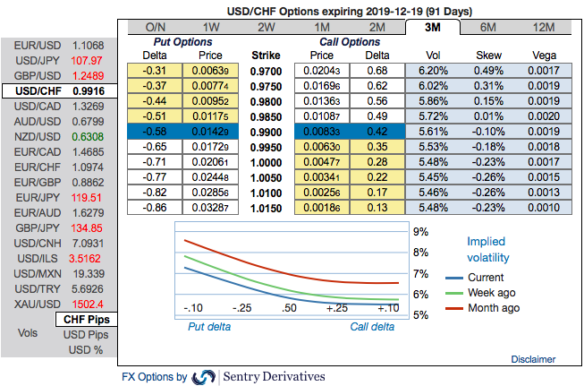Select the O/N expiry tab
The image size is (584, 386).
(x=155, y=27)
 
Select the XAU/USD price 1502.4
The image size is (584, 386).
(x=88, y=305)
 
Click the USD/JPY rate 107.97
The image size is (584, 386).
(x=88, y=60)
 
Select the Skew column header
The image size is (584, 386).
(x=491, y=54)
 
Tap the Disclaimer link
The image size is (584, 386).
(x=533, y=358)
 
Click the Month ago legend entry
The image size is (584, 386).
(x=491, y=307)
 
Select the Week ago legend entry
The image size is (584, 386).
(x=491, y=292)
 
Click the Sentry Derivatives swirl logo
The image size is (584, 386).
(x=204, y=376)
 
